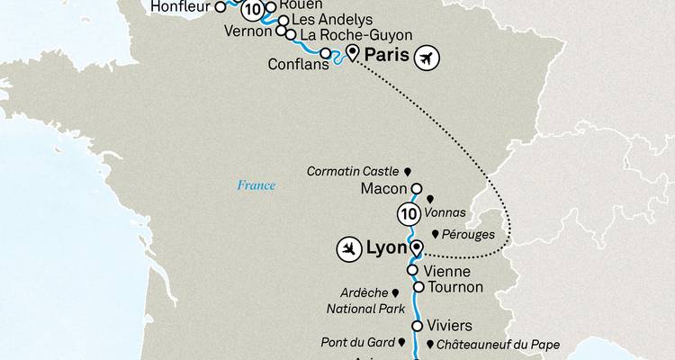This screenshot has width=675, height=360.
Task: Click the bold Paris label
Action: [382, 55]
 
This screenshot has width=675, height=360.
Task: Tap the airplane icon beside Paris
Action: [427, 58]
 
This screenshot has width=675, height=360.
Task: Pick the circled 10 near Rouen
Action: [255, 10]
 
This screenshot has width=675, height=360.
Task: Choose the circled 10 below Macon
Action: [408, 214]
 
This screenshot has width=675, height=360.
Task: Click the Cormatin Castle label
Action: [354, 170]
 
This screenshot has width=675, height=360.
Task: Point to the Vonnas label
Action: [447, 212]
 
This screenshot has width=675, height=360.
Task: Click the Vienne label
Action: [446, 270]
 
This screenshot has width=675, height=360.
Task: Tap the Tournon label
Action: [455, 287]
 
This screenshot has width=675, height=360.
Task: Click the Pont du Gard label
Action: [356, 343]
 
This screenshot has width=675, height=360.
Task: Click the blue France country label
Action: [256, 186]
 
